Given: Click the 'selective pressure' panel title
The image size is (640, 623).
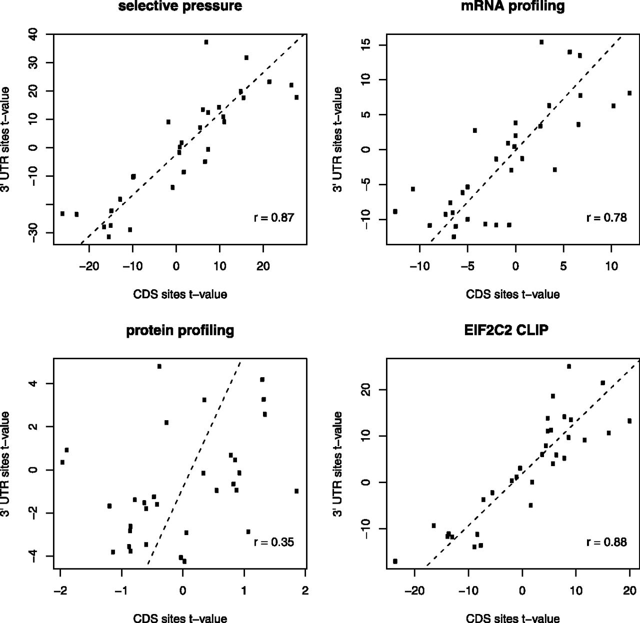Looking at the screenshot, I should pyautogui.click(x=180, y=6).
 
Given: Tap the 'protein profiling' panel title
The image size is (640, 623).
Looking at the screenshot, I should pyautogui.click(x=180, y=330).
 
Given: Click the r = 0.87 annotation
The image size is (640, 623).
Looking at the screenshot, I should pyautogui.click(x=274, y=218).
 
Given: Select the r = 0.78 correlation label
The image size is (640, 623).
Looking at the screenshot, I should pyautogui.click(x=606, y=218).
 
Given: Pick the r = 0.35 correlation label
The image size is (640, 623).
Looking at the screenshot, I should pyautogui.click(x=274, y=542).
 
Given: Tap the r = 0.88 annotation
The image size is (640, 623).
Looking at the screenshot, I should pyautogui.click(x=606, y=542).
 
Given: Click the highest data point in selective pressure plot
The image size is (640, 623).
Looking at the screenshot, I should pyautogui.click(x=206, y=42).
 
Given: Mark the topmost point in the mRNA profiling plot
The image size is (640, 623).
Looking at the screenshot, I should pyautogui.click(x=541, y=42).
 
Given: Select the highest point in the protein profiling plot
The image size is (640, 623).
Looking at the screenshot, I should pyautogui.click(x=159, y=366).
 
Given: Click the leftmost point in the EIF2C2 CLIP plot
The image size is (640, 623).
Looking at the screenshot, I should pyautogui.click(x=395, y=562).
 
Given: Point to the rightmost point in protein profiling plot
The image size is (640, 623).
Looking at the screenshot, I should pyautogui.click(x=296, y=491).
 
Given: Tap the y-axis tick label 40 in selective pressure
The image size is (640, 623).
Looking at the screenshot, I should pyautogui.click(x=35, y=34).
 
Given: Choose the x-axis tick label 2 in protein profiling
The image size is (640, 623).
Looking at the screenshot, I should pyautogui.click(x=305, y=591).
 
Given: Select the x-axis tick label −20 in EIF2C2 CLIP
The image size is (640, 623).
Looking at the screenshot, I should pyautogui.click(x=414, y=591).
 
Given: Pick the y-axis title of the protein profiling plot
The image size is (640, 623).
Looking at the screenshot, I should pyautogui.click(x=5, y=464).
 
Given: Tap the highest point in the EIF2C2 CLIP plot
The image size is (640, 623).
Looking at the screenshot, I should pyautogui.click(x=569, y=366).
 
